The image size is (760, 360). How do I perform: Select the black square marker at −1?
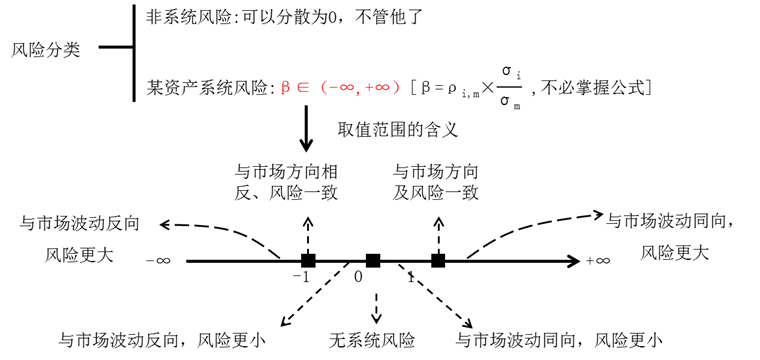[x=308, y=261]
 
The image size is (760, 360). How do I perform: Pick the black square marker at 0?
[x=373, y=261]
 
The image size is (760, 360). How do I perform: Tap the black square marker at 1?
[x=438, y=261]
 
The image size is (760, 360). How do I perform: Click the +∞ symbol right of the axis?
[x=598, y=262]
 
